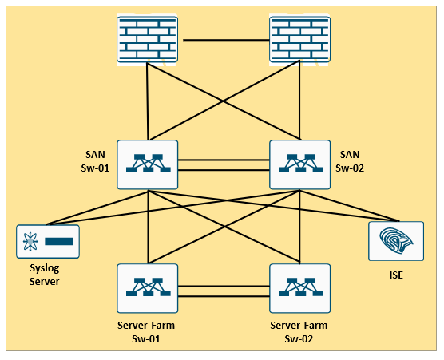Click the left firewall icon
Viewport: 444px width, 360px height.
coord(147,39)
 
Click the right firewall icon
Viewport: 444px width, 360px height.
coord(299,39)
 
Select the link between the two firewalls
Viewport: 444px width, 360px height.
coord(226,40)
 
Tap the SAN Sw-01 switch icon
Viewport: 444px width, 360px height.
coord(147,164)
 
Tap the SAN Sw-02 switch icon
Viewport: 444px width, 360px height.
coord(299,164)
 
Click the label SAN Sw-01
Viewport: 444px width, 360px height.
coord(95,161)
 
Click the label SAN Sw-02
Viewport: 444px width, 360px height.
coord(350,161)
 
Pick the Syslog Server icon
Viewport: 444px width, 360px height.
coord(48,241)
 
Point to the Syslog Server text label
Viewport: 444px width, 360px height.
coord(45,275)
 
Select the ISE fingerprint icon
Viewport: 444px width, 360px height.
coord(396,241)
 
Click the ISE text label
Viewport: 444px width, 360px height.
coord(396,275)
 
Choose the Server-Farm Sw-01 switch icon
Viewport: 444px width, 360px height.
coord(147,288)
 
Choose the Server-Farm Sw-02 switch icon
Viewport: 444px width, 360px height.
coord(299,288)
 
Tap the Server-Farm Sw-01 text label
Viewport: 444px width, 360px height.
coord(146,332)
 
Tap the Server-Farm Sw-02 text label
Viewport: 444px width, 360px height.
coord(299,332)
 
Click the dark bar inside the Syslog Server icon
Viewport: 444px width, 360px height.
coord(59,241)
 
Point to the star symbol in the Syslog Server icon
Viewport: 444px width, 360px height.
coord(30,241)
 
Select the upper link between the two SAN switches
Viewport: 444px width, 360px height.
coord(224,160)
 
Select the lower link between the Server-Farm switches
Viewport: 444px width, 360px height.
coord(224,296)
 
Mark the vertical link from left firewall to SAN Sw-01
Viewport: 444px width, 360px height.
coord(147,101)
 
